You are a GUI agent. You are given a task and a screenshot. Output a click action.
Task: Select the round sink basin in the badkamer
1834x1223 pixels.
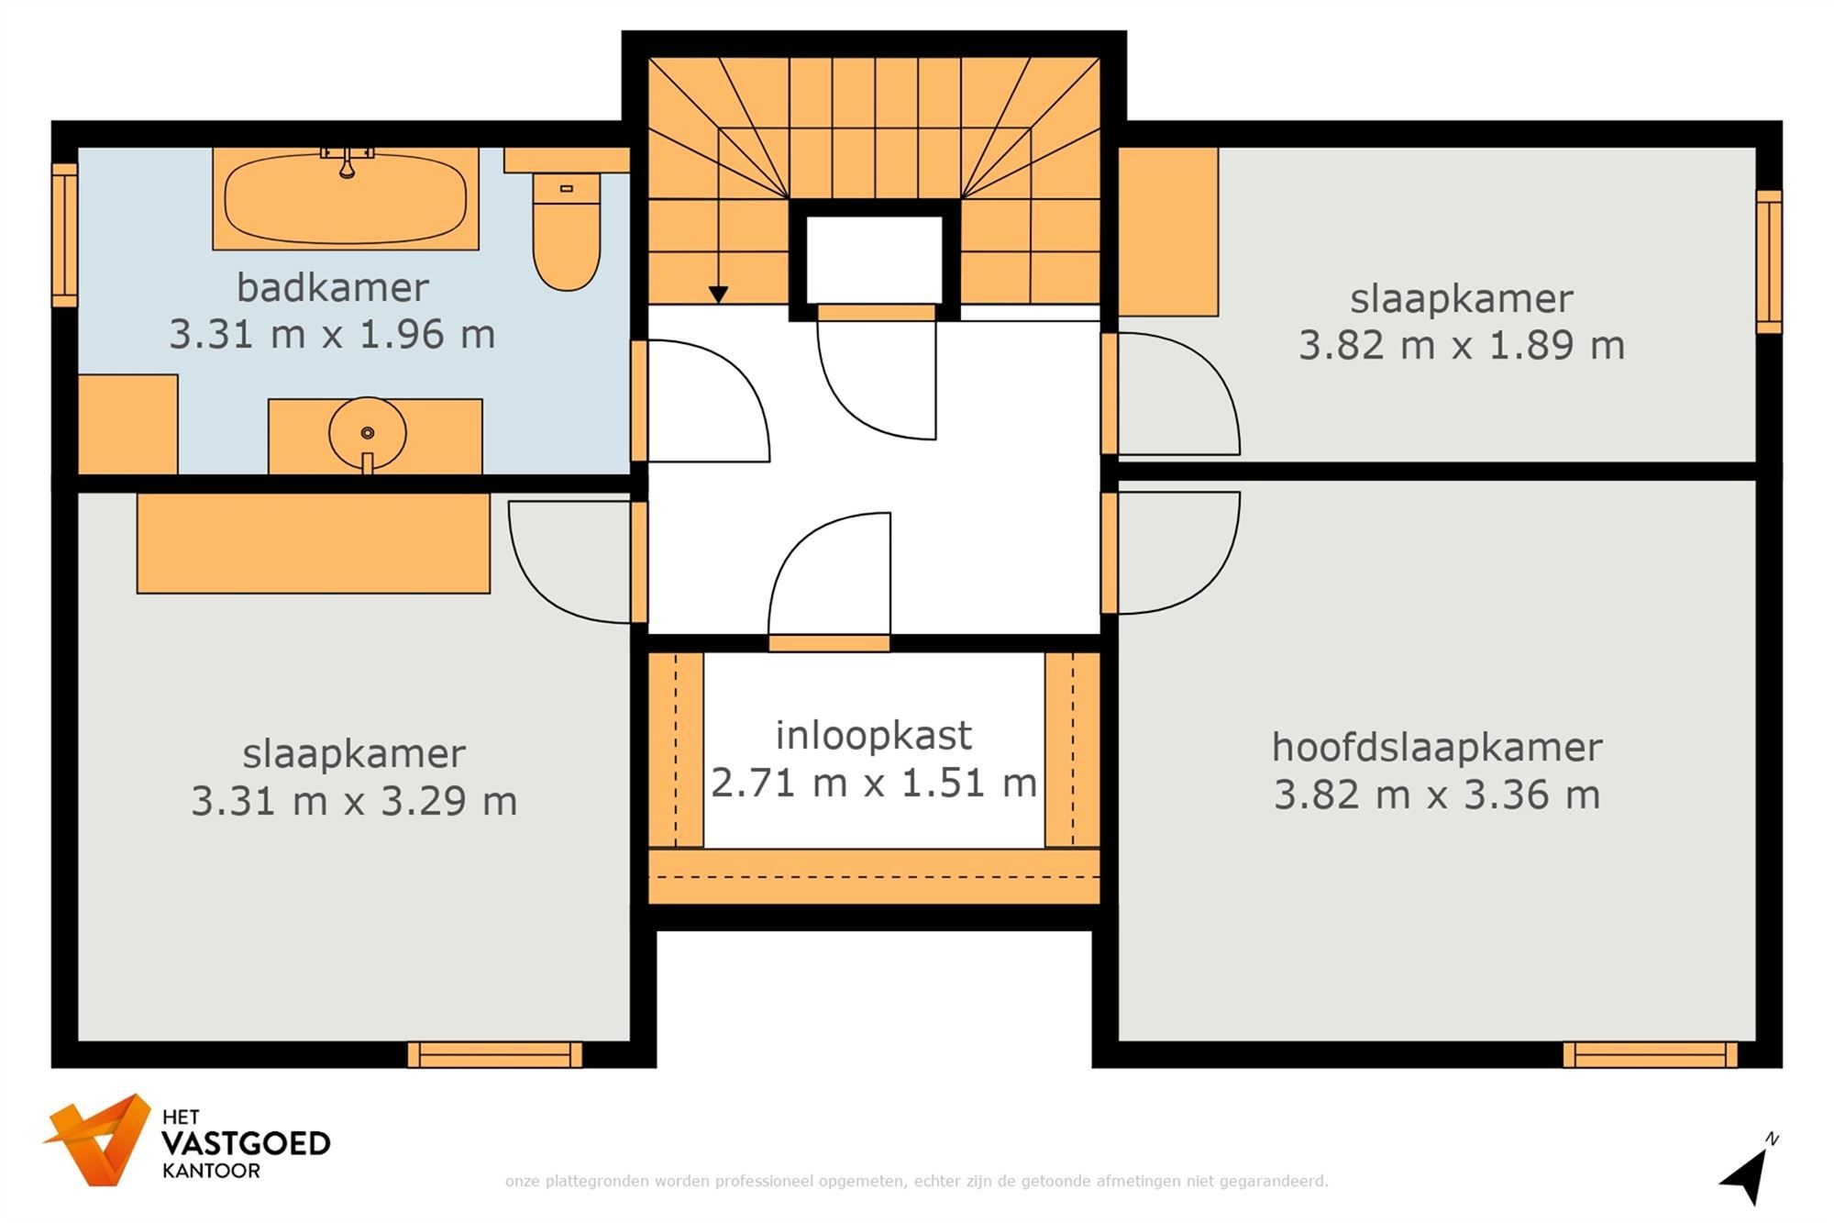coord(367,433)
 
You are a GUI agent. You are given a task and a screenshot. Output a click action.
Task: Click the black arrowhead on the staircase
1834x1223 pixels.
coord(718,295)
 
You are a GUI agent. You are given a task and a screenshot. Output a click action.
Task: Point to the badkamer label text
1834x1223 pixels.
coord(332,287)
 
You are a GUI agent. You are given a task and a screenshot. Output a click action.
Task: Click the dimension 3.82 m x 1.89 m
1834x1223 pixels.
coord(1461,346)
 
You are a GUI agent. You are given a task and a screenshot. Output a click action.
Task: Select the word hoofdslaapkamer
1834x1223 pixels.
coord(1436,747)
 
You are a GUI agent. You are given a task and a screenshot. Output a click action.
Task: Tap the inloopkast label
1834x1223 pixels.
coord(873,735)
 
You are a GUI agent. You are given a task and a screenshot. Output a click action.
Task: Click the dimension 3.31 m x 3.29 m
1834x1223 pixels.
coord(354,801)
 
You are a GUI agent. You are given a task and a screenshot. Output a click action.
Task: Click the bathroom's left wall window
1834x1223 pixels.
coord(64,235)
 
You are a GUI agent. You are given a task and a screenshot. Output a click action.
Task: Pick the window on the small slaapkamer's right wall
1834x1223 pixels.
coord(1769,262)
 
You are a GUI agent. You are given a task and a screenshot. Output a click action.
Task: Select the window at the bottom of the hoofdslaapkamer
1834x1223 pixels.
coord(1650,1055)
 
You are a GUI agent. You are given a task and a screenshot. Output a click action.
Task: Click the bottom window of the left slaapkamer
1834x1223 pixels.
coord(494,1055)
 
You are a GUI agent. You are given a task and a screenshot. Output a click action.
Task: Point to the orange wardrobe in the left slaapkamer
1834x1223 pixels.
coord(313,543)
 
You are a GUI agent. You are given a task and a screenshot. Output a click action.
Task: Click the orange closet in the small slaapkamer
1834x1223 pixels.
coord(1167,231)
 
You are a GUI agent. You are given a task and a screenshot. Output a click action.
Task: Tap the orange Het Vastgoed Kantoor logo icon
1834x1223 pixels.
coord(99,1140)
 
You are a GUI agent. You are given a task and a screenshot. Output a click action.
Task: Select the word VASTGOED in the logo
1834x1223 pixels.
coord(246,1144)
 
